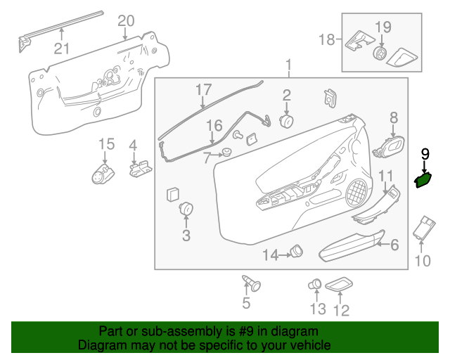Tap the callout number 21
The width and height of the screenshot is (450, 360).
coord(63,48)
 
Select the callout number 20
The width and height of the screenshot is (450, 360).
coord(126,21)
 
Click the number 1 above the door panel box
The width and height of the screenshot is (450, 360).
coord(288,67)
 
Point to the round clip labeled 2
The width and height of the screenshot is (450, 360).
coord(287,120)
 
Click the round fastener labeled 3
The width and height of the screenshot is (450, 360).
coord(186,209)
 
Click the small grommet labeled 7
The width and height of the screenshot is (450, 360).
coord(227,154)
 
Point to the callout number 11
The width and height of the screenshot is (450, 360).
coord(386,176)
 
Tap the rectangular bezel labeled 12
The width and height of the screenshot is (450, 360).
coord(342,283)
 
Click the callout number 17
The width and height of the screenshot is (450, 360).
coord(203,90)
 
